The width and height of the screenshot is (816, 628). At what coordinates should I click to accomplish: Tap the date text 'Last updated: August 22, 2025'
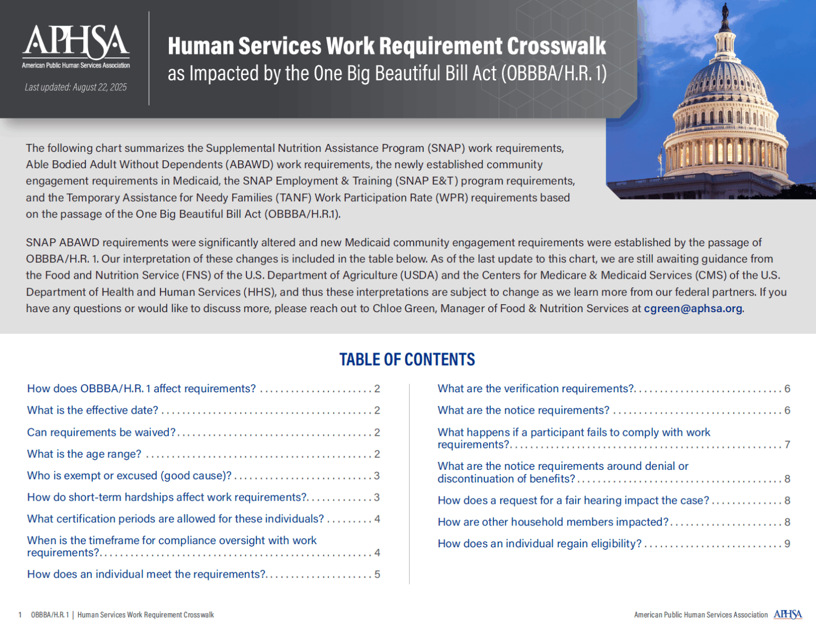tap(75, 88)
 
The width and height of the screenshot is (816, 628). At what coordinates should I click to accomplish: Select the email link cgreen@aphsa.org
tap(693, 308)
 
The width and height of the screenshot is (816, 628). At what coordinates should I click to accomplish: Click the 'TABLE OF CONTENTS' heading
tap(407, 359)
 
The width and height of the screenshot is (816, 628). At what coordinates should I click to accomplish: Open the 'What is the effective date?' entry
tap(92, 410)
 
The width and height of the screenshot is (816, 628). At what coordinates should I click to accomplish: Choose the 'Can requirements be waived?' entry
tap(101, 433)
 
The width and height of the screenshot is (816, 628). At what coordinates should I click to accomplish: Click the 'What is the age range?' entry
tap(84, 454)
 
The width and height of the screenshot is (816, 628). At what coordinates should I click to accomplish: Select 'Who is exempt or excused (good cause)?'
tap(129, 476)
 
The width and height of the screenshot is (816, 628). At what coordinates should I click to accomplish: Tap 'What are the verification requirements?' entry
tap(535, 389)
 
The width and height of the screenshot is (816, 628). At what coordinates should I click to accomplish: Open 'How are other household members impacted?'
tap(552, 522)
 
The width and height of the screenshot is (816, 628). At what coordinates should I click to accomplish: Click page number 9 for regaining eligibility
tap(787, 544)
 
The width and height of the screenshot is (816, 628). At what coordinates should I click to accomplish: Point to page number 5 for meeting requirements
tap(377, 574)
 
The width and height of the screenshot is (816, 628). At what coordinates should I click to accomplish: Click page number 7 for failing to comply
tap(787, 445)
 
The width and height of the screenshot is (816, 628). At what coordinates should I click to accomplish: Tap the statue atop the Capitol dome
tap(725, 13)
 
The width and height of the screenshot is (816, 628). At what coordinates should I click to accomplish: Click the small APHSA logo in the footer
tap(787, 615)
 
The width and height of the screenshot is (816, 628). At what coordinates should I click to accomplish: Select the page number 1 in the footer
tap(20, 615)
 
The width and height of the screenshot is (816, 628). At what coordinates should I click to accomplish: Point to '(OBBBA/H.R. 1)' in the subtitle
tap(554, 74)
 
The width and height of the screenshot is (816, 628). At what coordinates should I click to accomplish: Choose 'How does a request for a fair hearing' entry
tap(573, 501)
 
